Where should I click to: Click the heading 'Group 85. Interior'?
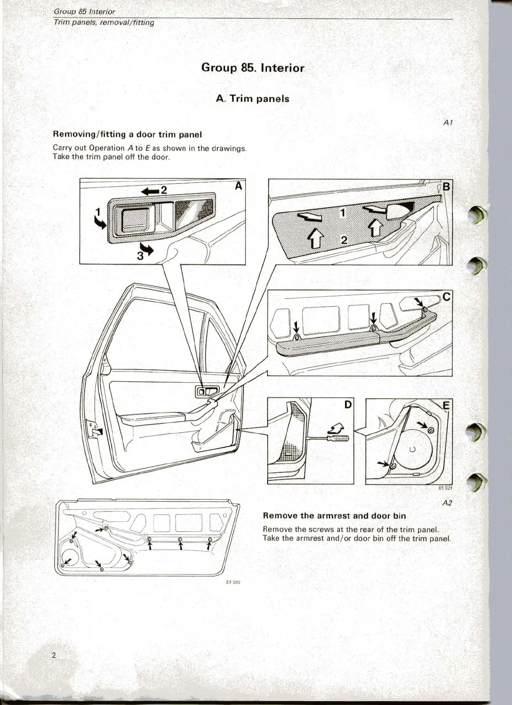point(253,68)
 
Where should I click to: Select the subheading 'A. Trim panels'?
point(253,99)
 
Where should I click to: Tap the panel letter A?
point(238,186)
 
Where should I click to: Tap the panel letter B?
point(446,187)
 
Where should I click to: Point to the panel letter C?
point(446,297)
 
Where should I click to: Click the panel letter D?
point(348,405)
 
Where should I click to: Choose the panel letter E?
point(446,405)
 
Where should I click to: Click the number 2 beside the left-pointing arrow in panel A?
point(164,190)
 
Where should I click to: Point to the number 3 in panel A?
point(140,256)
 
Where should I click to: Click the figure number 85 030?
point(233,582)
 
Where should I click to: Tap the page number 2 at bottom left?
point(54,655)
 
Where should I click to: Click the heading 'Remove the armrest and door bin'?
point(334,516)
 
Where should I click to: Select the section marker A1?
point(448,123)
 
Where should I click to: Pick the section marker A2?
point(447,503)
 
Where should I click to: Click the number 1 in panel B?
point(343,213)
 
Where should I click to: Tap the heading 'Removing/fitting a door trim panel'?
point(127,134)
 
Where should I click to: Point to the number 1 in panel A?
point(98,212)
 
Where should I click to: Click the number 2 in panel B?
point(344,241)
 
